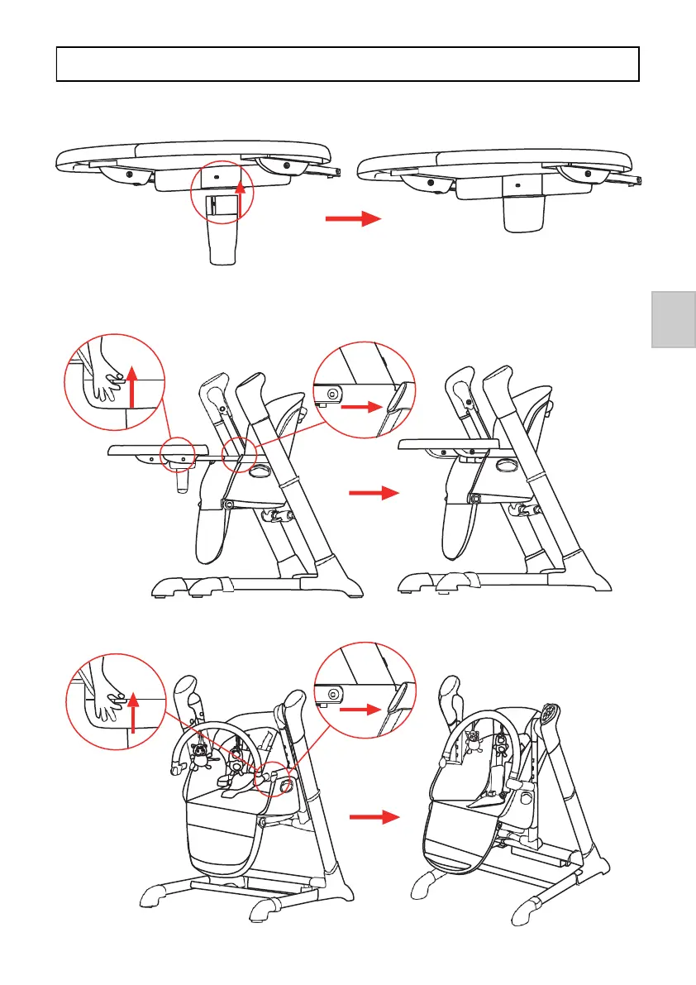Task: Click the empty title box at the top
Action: pyautogui.click(x=348, y=64)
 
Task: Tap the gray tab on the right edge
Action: pyautogui.click(x=674, y=319)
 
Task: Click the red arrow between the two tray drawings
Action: pyautogui.click(x=351, y=219)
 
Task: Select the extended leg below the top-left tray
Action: pyautogui.click(x=223, y=240)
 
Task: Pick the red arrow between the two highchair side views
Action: pyautogui.click(x=374, y=494)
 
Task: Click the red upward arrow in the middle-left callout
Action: pyautogui.click(x=131, y=388)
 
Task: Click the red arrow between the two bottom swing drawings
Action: pyautogui.click(x=374, y=818)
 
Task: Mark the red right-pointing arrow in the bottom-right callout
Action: pyautogui.click(x=365, y=709)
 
